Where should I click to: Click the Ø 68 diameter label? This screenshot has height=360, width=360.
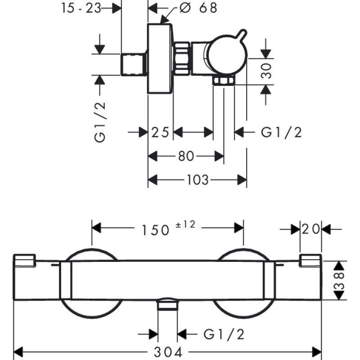coord(198,8)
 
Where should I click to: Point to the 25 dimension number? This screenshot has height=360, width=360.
coord(160,132)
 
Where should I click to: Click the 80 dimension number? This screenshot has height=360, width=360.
coord(186,156)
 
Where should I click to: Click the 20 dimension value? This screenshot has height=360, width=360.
coord(311,229)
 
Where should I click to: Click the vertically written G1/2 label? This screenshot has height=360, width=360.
coord(100,121)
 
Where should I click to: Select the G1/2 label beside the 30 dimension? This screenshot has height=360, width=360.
coord(281,132)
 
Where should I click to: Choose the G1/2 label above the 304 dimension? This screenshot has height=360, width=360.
coord(224,334)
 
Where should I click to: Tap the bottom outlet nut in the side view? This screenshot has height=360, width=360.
coord(224,81)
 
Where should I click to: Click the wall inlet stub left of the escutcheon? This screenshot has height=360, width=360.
coord(134,63)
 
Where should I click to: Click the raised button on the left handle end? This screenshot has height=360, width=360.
coord(25,261)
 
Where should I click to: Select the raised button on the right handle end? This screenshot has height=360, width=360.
coord(310,260)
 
